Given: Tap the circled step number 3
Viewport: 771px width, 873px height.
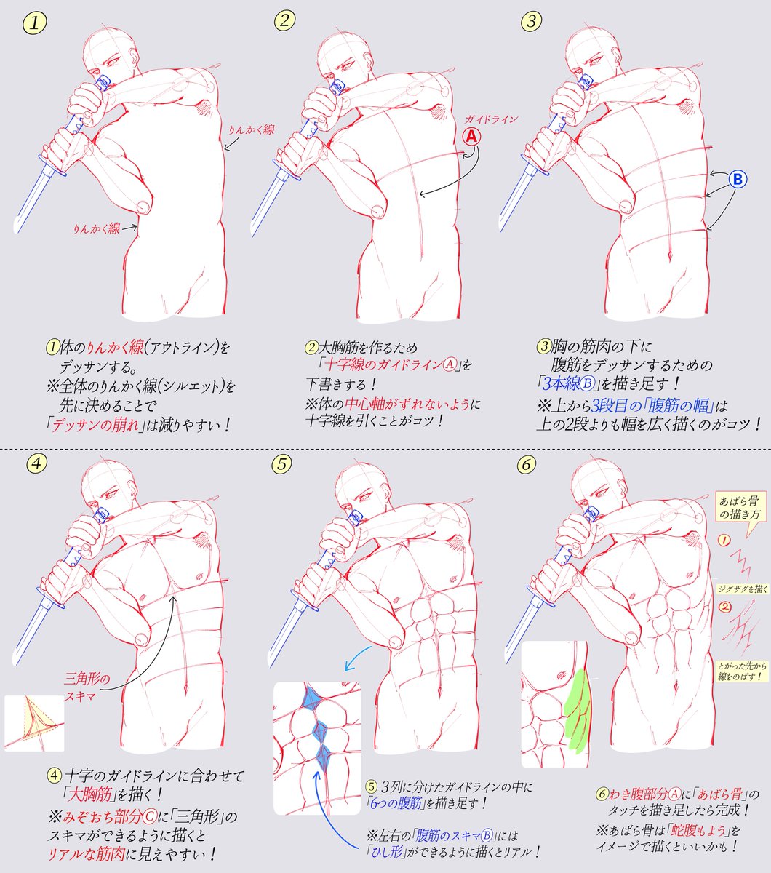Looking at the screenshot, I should tap(532, 21).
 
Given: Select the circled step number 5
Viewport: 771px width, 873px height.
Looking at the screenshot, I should tap(284, 463).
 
